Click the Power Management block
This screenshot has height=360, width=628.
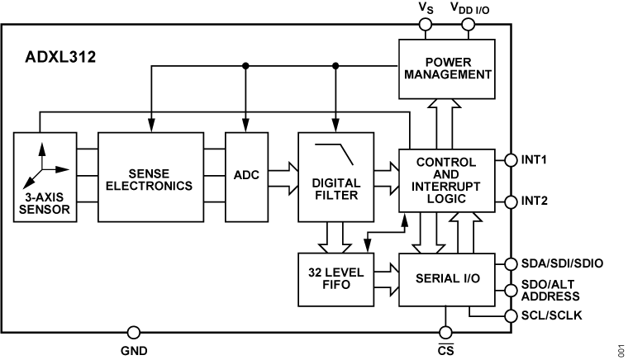446,68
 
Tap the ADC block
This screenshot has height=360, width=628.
246,176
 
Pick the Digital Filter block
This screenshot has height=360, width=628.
335,176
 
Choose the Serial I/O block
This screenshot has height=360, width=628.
446,278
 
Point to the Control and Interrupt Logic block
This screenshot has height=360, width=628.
446,182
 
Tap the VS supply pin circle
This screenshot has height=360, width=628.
426,24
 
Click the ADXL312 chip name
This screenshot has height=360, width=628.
59,59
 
